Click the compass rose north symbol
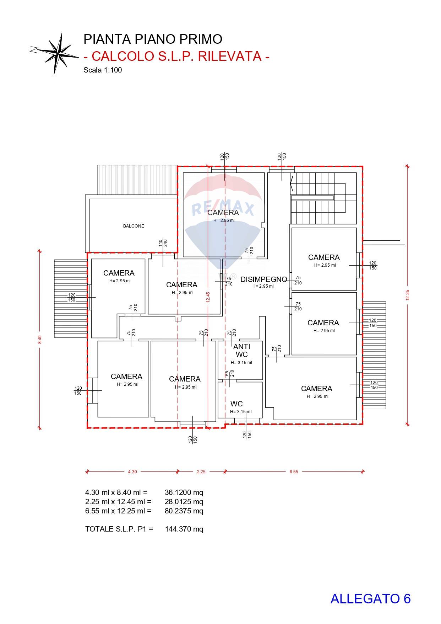[57, 53]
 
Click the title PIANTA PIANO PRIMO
[153, 39]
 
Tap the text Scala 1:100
[103, 70]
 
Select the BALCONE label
[134, 226]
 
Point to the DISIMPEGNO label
[263, 279]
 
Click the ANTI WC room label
[241, 350]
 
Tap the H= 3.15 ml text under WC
[241, 412]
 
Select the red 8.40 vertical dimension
[40, 340]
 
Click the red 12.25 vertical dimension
[407, 294]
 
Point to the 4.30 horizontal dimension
[132, 472]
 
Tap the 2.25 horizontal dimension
[201, 472]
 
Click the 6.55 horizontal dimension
[294, 472]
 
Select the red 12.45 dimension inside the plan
[208, 297]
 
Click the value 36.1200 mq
[184, 492]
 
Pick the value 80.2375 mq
[184, 511]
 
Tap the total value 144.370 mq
[184, 529]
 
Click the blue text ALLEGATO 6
[370, 599]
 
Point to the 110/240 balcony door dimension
[163, 243]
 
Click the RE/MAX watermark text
[223, 209]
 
